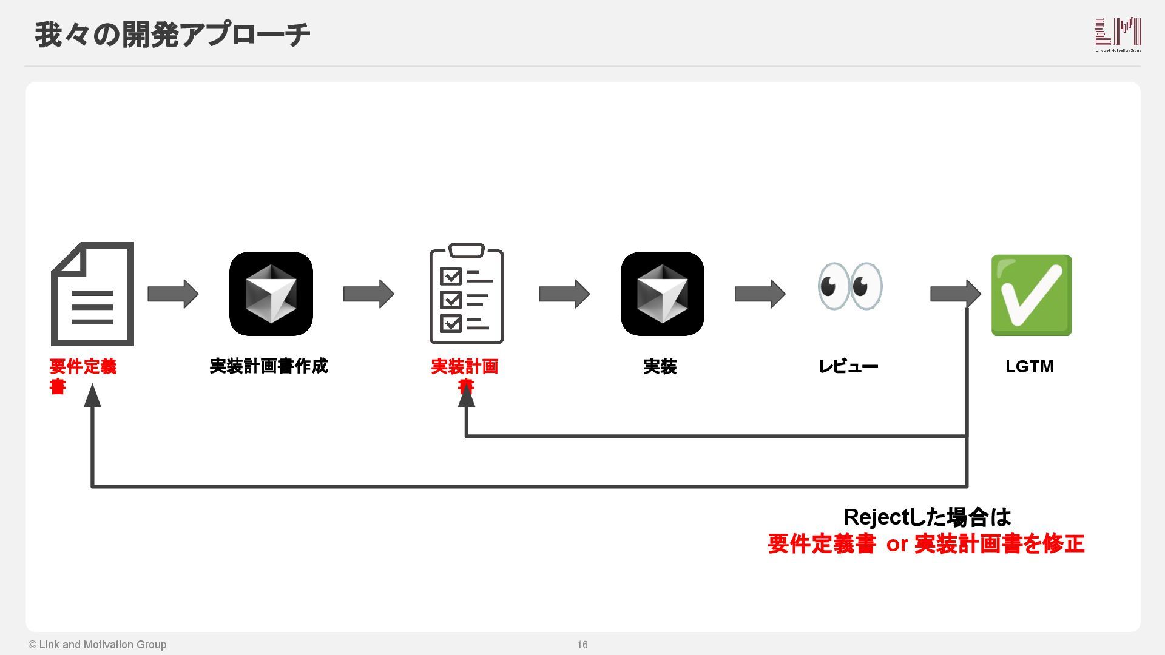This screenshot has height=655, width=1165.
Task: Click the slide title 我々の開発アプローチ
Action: point(172,35)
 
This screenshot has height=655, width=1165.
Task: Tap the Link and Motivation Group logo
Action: point(1118,35)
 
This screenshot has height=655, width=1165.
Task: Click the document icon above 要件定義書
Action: point(93,294)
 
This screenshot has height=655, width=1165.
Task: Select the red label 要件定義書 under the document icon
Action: point(83,375)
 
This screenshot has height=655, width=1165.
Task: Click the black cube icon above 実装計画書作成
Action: point(271,294)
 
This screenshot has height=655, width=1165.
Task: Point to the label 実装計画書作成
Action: point(268,366)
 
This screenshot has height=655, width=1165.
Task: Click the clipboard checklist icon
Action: point(466,294)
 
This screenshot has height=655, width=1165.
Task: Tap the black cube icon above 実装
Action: point(663,294)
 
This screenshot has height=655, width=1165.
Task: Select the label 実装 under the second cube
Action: point(660,366)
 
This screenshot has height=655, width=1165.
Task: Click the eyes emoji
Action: point(849,286)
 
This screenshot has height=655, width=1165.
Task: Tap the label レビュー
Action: point(848,366)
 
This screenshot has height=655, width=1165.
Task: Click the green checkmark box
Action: point(1032,295)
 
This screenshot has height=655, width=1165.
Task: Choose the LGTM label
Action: point(1029,366)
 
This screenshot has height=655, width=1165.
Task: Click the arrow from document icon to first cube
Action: point(173,294)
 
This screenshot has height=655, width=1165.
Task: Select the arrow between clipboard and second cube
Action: point(564,294)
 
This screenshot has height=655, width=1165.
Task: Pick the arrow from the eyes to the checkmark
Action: point(955,294)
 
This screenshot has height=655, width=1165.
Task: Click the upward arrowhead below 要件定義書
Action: point(92,397)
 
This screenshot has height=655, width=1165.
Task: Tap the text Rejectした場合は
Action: point(927,517)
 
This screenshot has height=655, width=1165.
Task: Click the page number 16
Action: point(582,645)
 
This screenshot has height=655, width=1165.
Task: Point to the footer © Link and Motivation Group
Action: point(98,645)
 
